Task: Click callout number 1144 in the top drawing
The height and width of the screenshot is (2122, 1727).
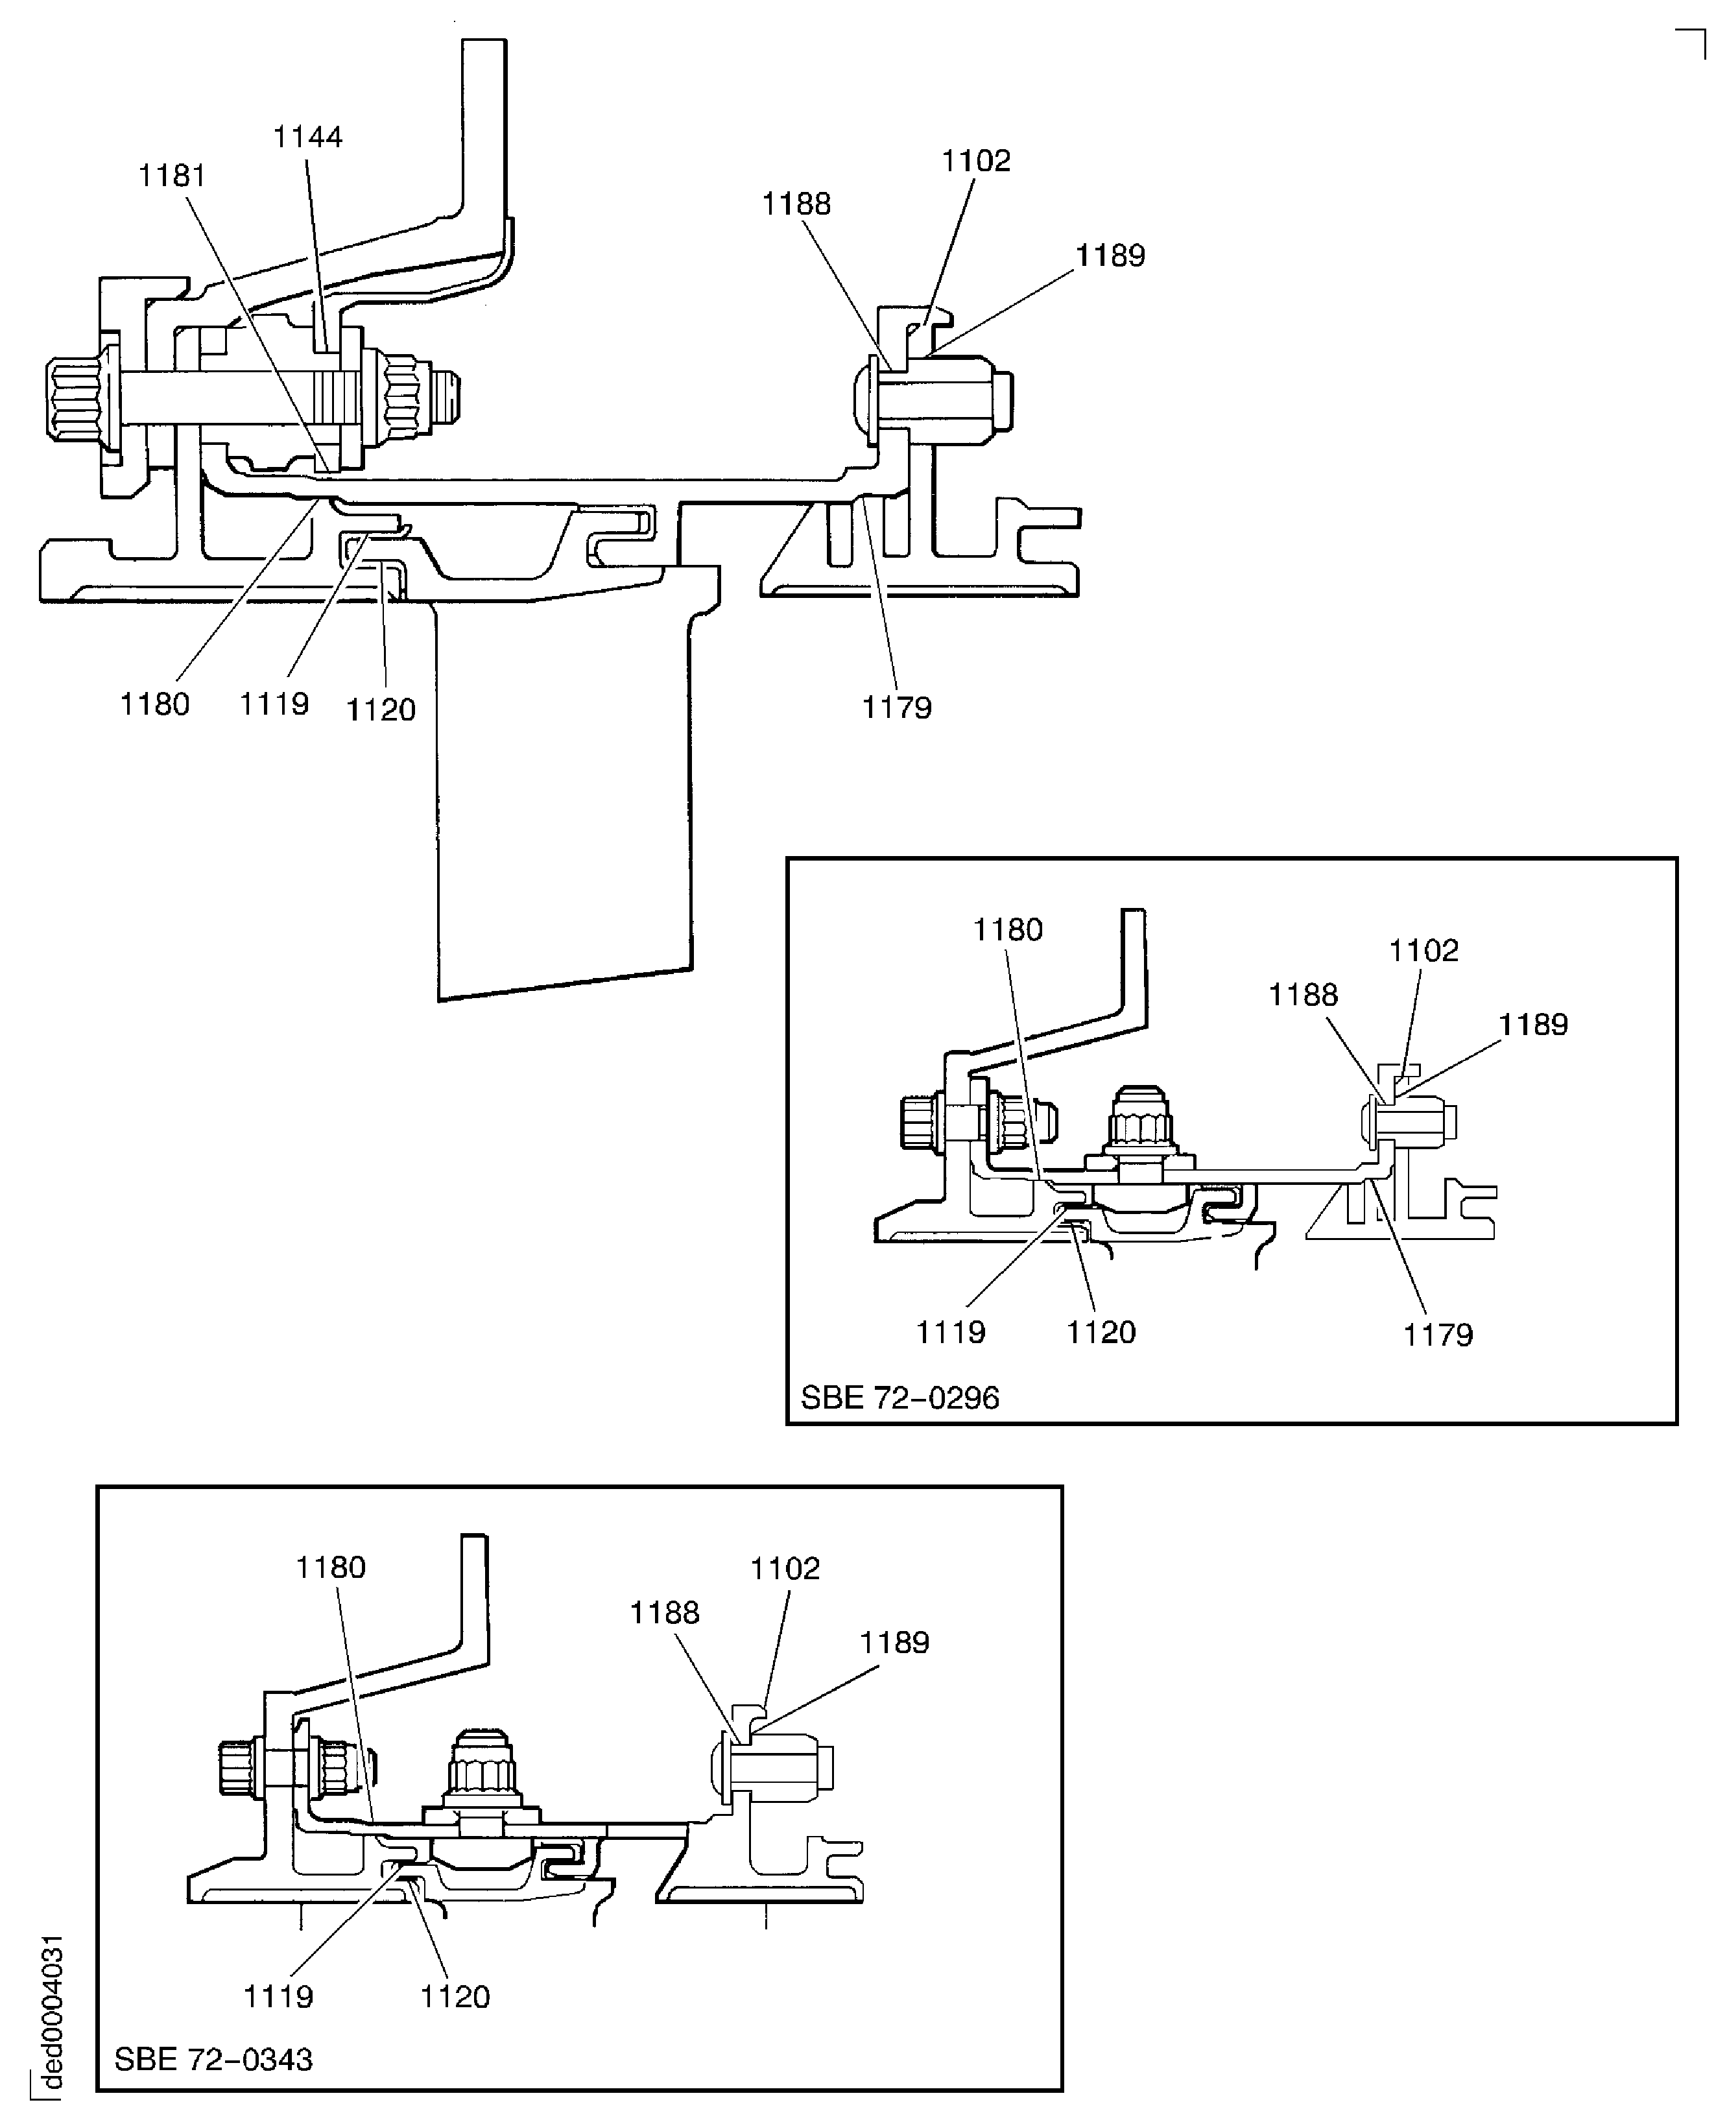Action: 307,137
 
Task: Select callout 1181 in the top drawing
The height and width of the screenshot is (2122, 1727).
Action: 172,176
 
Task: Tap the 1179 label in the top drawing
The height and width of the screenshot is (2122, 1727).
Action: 896,708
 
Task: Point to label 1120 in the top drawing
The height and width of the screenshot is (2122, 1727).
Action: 380,709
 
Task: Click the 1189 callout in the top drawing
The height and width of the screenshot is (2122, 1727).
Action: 1110,256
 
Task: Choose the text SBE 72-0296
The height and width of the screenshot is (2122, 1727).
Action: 899,1398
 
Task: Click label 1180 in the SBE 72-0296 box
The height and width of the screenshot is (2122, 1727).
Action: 1008,930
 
